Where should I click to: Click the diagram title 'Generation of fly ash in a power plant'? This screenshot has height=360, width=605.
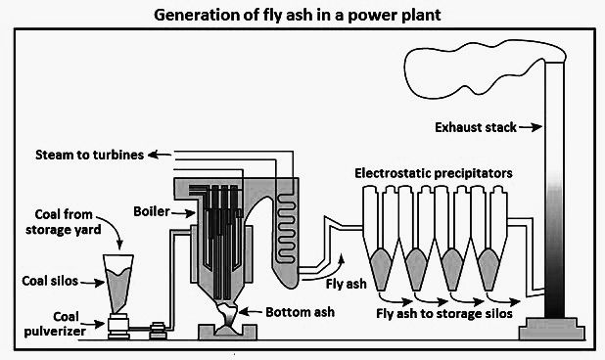click(x=297, y=16)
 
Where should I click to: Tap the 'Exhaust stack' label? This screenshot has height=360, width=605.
click(x=476, y=127)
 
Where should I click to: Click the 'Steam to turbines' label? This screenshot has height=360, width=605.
click(x=89, y=155)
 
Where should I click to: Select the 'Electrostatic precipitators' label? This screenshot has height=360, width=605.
click(x=434, y=173)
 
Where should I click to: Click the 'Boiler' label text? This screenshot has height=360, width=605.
click(x=152, y=211)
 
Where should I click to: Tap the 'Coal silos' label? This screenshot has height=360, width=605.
click(x=50, y=281)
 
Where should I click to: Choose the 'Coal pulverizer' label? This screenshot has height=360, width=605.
click(x=55, y=324)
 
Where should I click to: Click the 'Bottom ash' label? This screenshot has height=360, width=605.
click(x=300, y=312)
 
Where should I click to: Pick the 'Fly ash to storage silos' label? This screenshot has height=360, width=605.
click(x=444, y=313)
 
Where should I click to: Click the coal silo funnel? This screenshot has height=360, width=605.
click(x=118, y=284)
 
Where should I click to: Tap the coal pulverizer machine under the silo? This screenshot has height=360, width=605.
click(x=118, y=326)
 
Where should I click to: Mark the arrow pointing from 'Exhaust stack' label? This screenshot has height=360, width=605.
click(x=531, y=127)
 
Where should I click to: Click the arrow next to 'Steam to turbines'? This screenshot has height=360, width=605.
click(x=160, y=155)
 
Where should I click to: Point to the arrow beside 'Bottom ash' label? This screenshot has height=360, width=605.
click(x=252, y=311)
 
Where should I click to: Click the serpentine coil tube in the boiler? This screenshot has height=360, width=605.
click(x=286, y=227)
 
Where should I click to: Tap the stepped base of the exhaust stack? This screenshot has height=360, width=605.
click(x=552, y=329)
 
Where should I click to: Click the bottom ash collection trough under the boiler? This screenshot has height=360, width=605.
click(x=227, y=333)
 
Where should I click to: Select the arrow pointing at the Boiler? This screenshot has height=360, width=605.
click(x=184, y=212)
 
